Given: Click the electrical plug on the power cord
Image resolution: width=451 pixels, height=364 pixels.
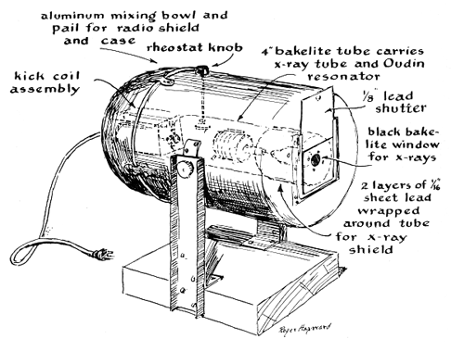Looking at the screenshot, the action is coord(101,255).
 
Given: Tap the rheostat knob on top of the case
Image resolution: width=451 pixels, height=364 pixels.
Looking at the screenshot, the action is coord(202,70).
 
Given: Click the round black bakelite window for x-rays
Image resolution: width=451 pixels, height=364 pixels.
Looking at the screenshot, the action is coord(316,159).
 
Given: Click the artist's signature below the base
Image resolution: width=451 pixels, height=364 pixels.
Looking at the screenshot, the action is coord(305,328).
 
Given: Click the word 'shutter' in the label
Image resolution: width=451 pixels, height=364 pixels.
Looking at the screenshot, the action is coord(401,108).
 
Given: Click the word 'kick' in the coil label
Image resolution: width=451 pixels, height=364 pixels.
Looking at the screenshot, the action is coord(30,76).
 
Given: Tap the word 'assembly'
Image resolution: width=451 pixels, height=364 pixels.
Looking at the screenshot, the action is coord(45,89).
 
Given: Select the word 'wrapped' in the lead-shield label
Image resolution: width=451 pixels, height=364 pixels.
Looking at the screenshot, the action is coord(389,211).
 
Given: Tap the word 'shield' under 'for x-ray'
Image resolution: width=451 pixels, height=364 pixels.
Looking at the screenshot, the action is coord(371,249).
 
